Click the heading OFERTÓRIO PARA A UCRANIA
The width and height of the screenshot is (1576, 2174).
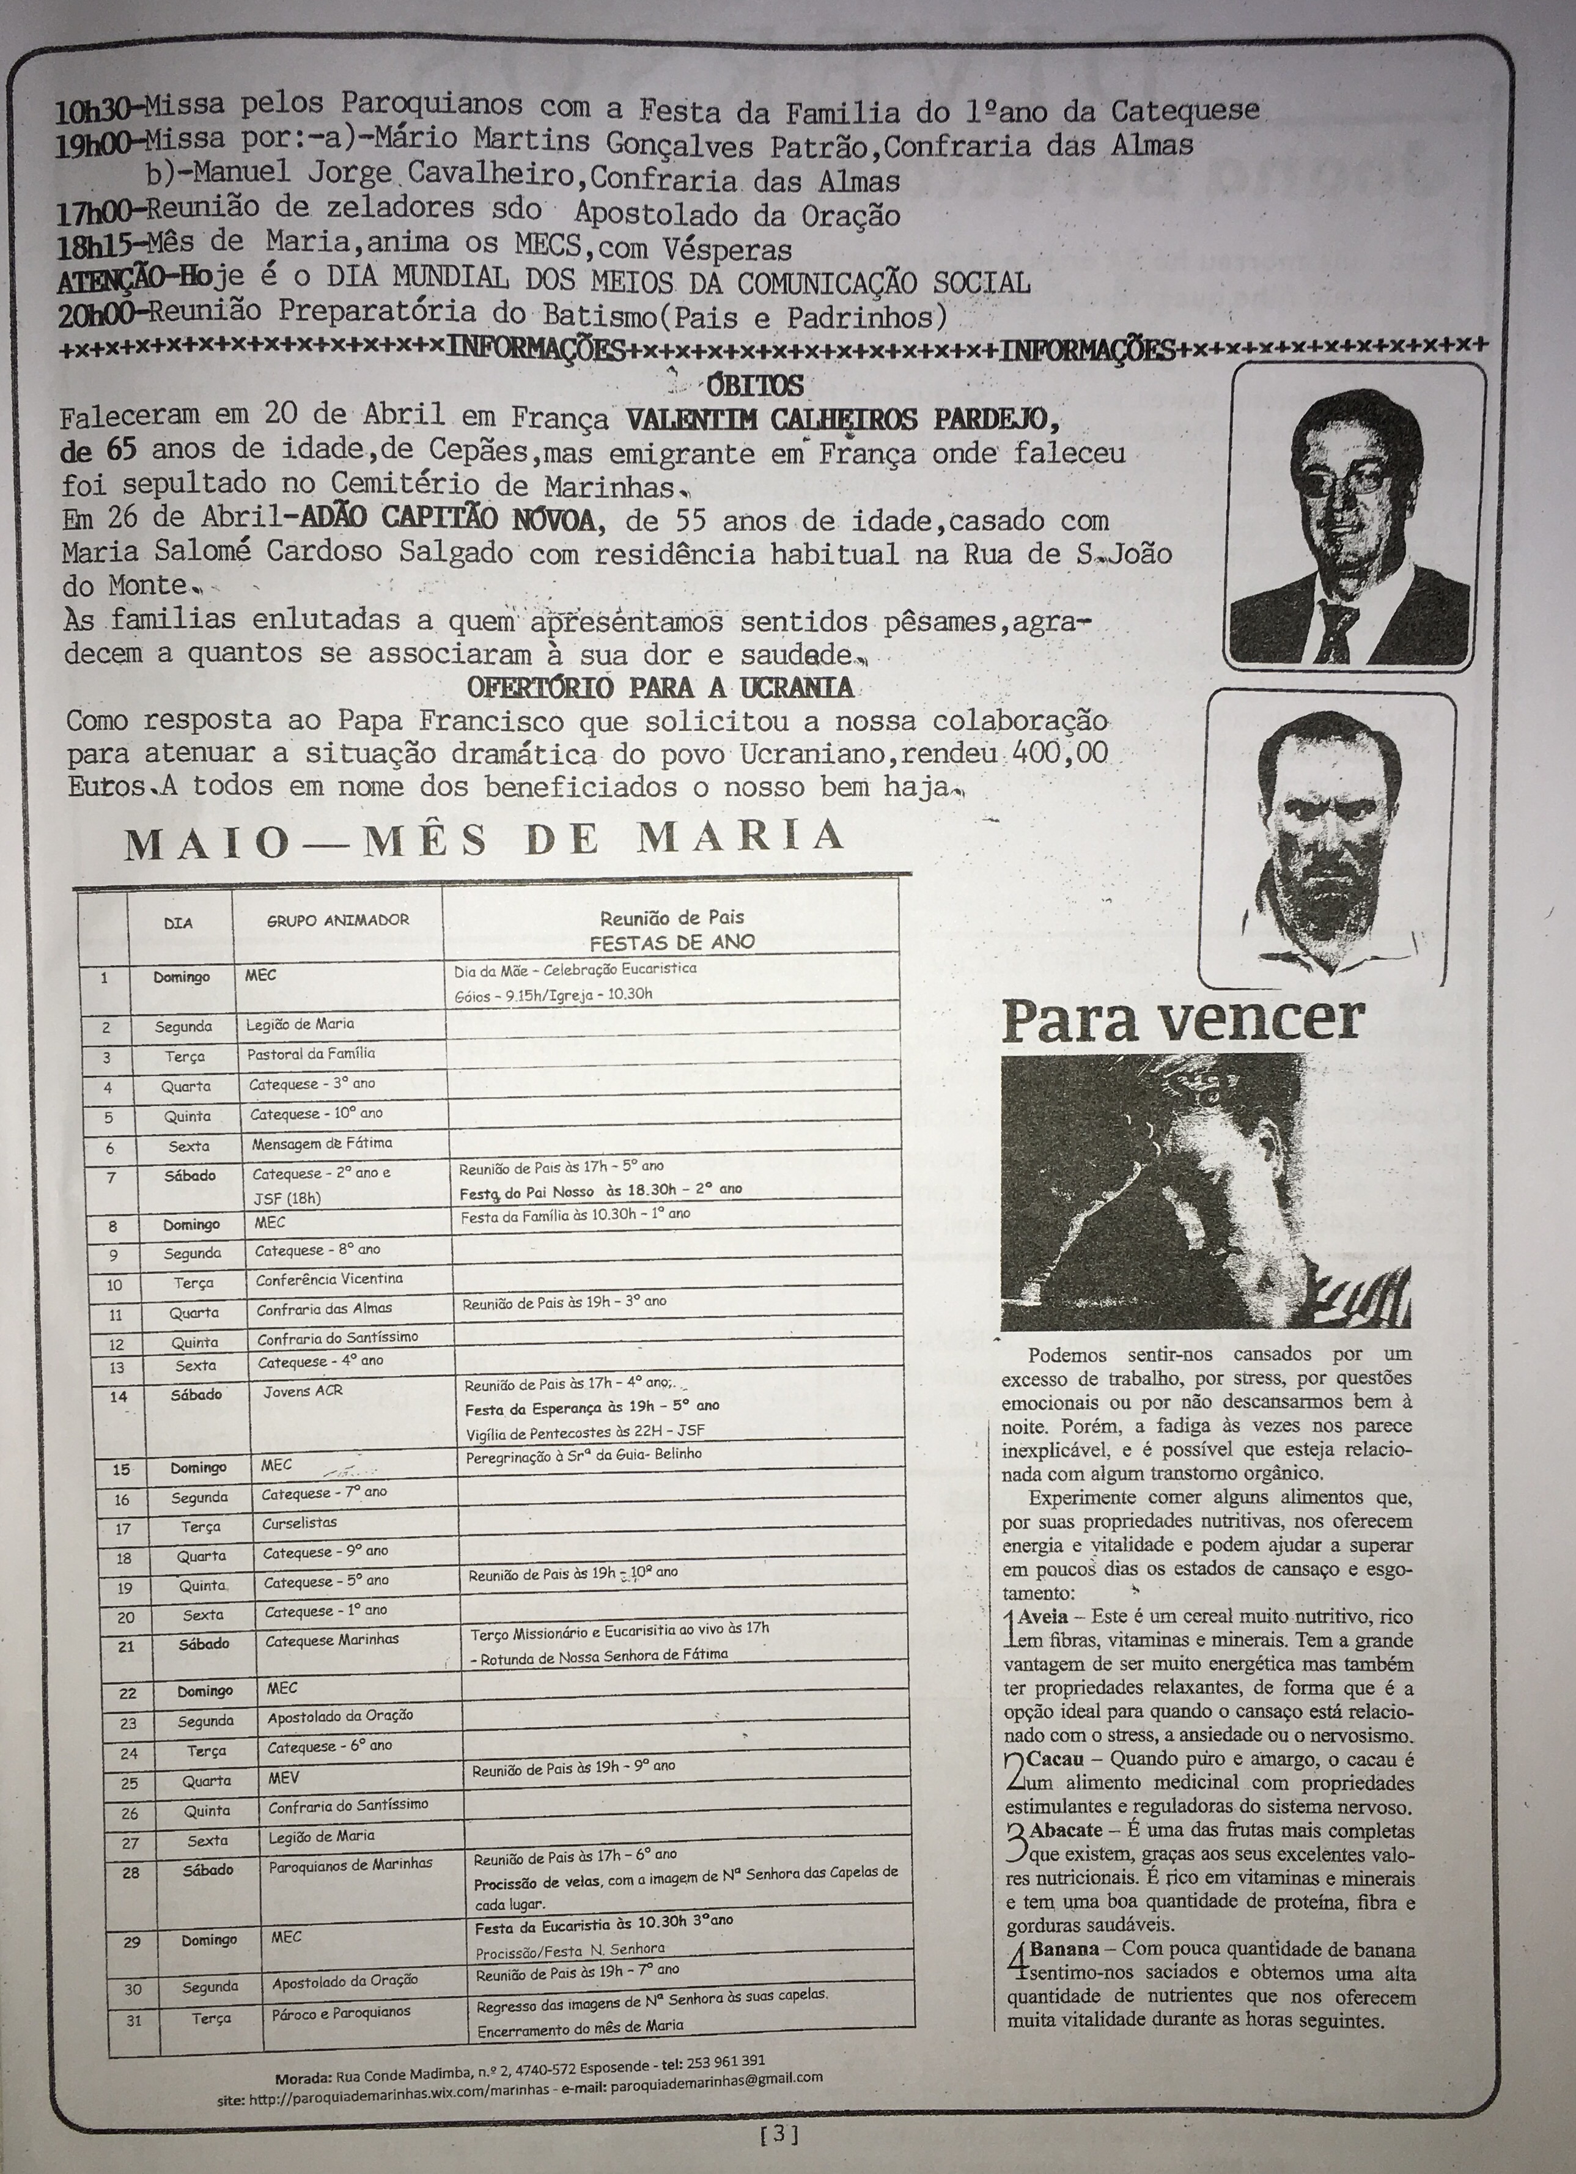pyautogui.click(x=660, y=687)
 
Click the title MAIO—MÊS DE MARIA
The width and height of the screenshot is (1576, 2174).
pyautogui.click(x=484, y=839)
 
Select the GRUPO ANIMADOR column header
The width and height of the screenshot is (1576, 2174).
pyautogui.click(x=337, y=920)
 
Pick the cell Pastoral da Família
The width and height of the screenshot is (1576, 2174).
pyautogui.click(x=311, y=1053)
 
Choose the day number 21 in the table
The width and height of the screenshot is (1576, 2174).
pyautogui.click(x=125, y=1647)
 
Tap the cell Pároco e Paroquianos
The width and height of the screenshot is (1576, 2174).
pyautogui.click(x=341, y=2012)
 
